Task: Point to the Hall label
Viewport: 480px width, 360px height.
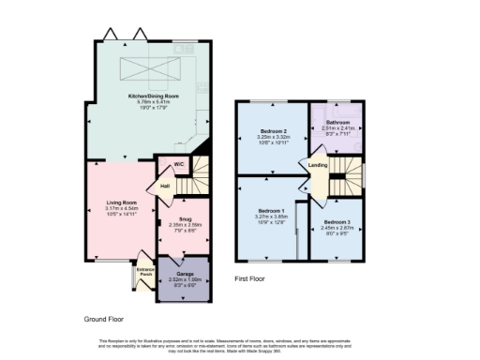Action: pyautogui.click(x=165, y=186)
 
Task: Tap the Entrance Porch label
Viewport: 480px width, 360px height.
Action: pyautogui.click(x=144, y=272)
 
